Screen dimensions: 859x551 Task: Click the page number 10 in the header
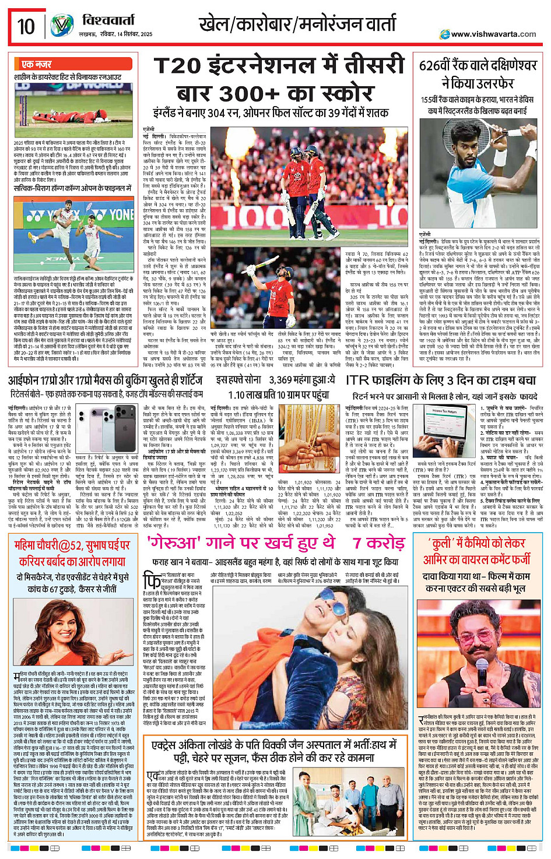(26, 26)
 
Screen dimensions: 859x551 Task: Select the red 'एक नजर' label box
(36, 64)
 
